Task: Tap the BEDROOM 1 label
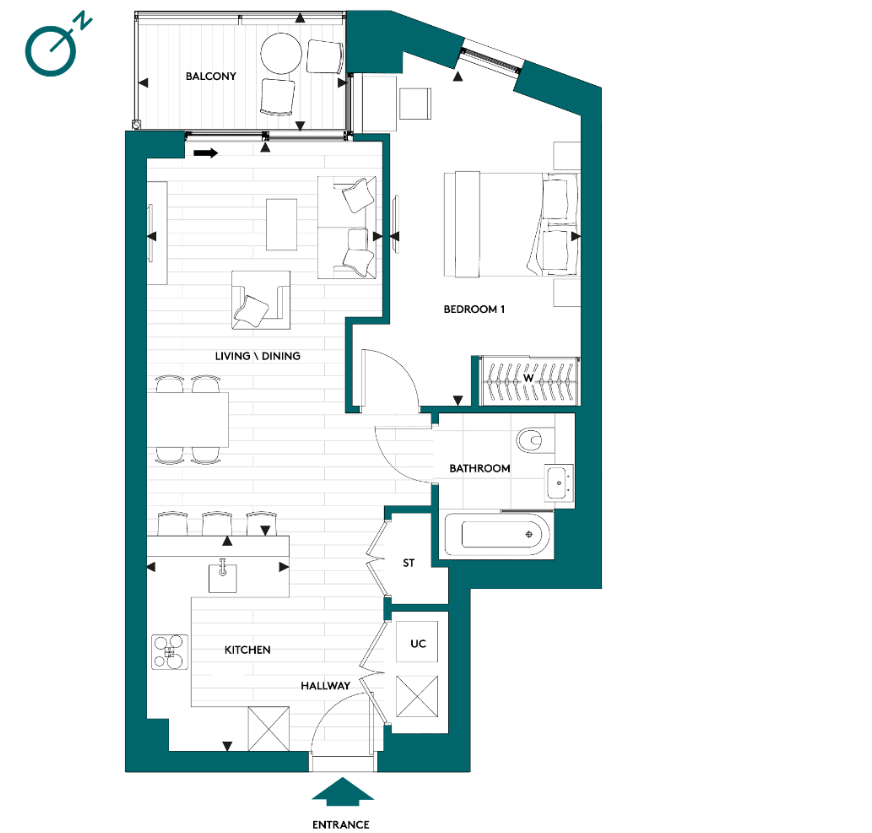coord(474,310)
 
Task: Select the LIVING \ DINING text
coord(257,356)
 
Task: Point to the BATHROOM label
coord(479,468)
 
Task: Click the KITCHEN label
coord(247,650)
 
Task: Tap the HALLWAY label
coord(326,686)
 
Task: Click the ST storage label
coord(408,563)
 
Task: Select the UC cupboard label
coord(418,643)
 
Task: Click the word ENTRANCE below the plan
coord(341,824)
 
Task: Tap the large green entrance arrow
coord(342,791)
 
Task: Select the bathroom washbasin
coord(559,484)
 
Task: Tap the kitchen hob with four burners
coord(168,652)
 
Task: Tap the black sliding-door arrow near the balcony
coord(206,153)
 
